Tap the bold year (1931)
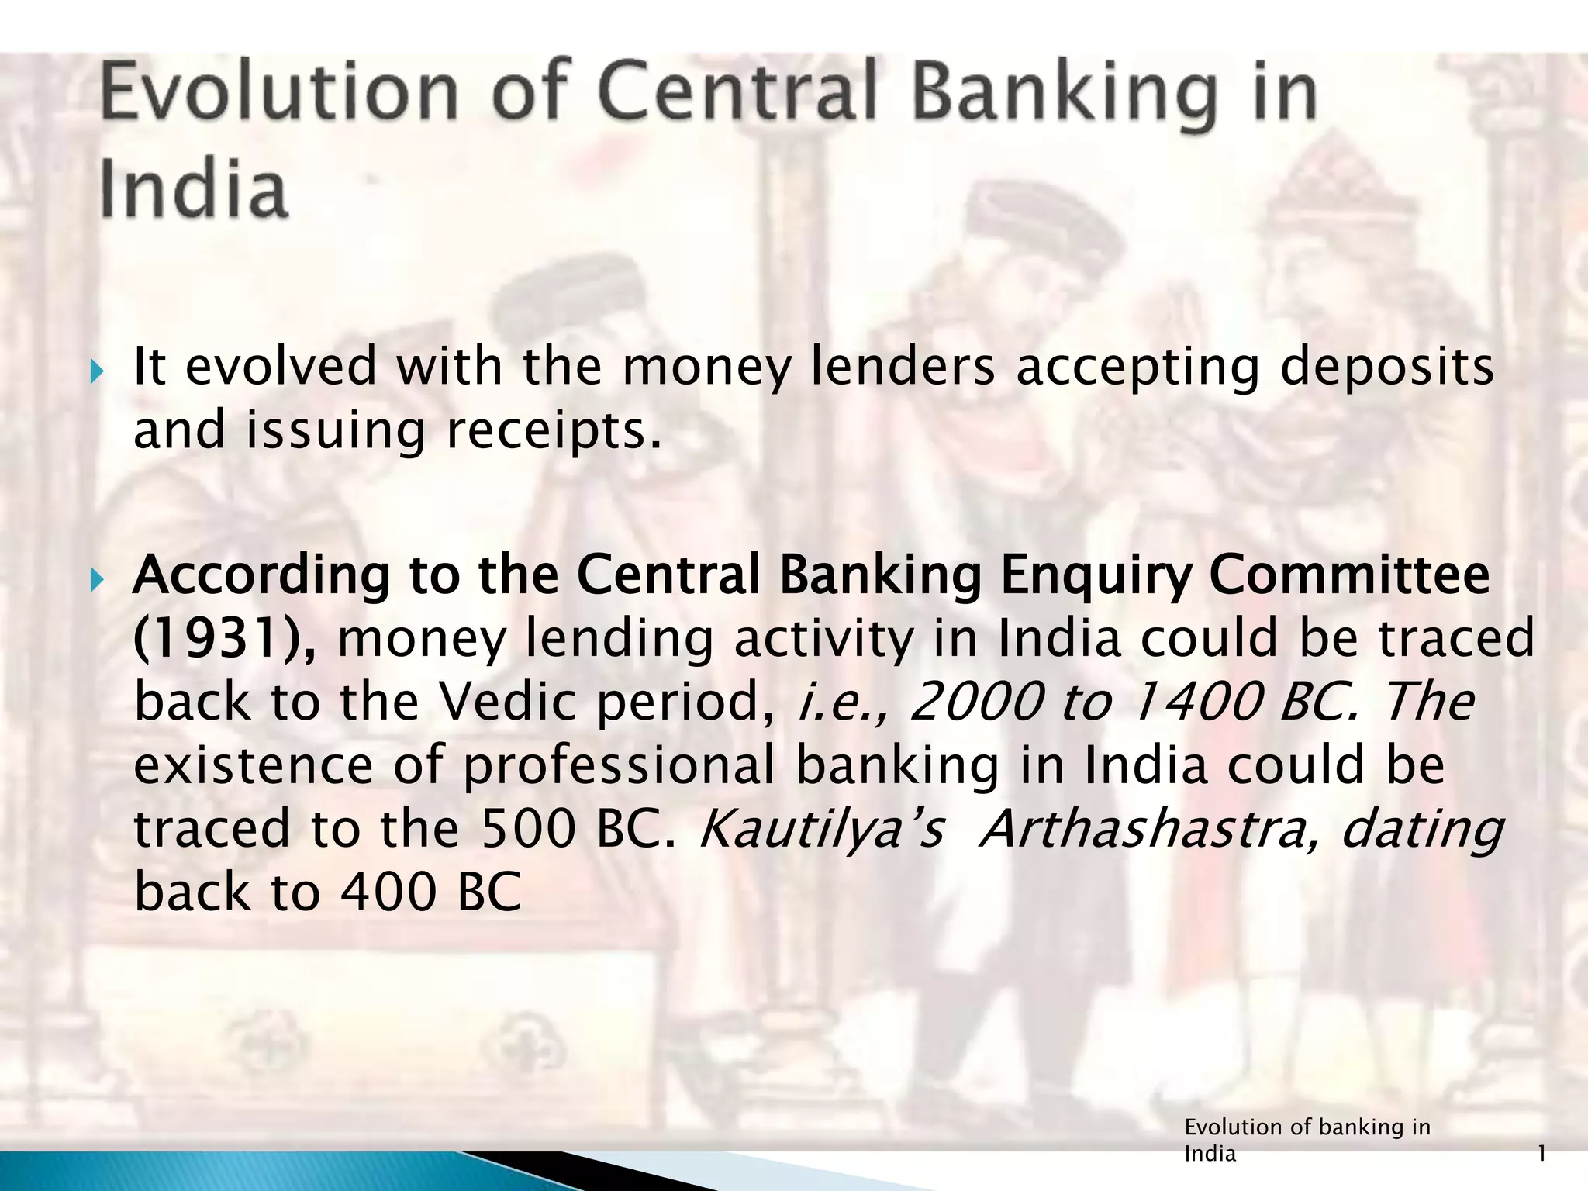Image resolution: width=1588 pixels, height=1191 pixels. tap(224, 639)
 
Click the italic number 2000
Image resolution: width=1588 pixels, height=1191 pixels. tap(975, 702)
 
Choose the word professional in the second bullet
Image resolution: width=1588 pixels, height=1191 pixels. tap(619, 765)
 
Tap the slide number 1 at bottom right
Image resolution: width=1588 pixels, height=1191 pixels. tap(1542, 1155)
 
